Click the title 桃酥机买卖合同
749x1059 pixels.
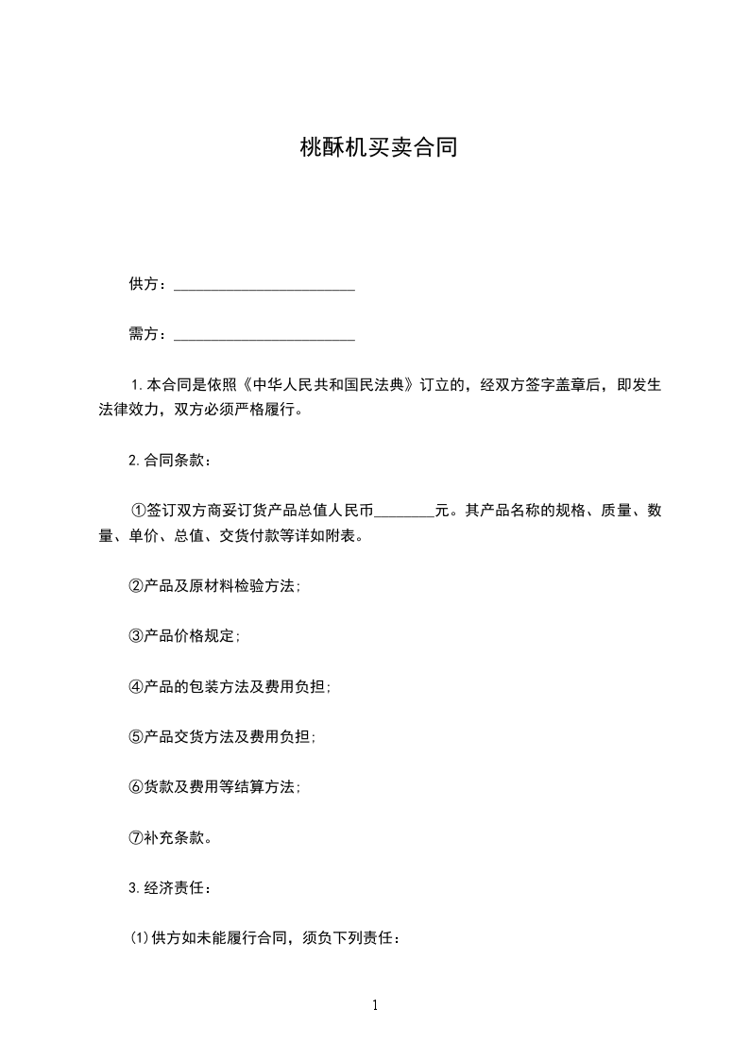[377, 148]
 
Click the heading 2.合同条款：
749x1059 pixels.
[170, 461]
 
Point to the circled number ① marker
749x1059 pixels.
[137, 512]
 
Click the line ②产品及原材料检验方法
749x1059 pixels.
[214, 586]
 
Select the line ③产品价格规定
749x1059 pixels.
[184, 636]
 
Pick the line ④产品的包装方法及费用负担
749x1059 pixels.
[230, 687]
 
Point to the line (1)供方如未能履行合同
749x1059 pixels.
[265, 938]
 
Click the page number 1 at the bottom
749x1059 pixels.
[375, 1005]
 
